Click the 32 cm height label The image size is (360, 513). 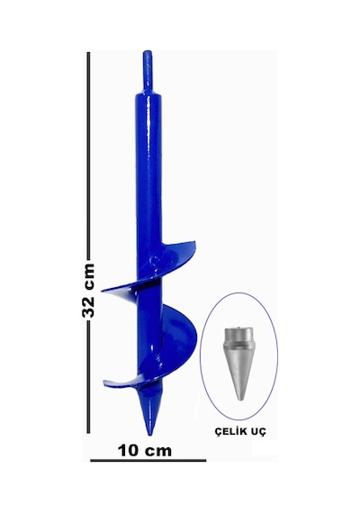pyautogui.click(x=88, y=291)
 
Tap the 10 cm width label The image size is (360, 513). pyautogui.click(x=145, y=451)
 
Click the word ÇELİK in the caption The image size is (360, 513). pyautogui.click(x=230, y=431)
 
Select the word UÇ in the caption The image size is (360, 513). pyautogui.click(x=258, y=431)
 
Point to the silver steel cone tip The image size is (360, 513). pyautogui.click(x=239, y=364)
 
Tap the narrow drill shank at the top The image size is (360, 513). pyautogui.click(x=148, y=71)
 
